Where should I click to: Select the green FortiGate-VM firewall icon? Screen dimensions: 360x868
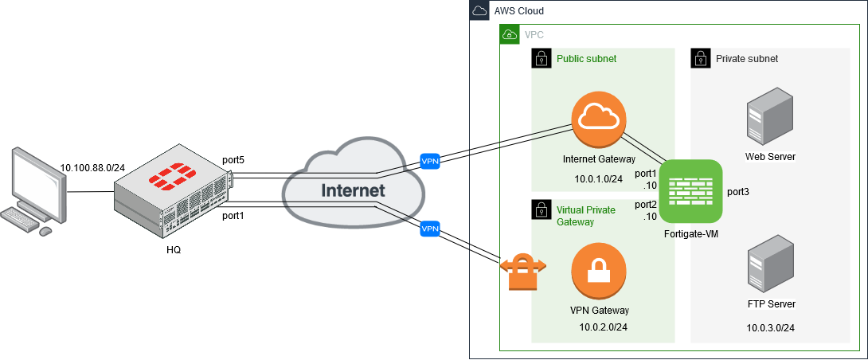point(691,191)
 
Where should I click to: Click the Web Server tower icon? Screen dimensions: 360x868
point(770,119)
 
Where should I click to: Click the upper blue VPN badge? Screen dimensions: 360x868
point(430,162)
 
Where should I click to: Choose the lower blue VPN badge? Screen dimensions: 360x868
point(430,229)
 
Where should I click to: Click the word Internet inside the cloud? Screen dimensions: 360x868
point(353,190)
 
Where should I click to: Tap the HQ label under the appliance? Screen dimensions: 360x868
point(174,250)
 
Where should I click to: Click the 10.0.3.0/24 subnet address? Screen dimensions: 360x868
point(770,327)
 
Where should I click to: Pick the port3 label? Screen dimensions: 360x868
point(738,192)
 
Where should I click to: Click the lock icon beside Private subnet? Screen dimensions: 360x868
point(700,58)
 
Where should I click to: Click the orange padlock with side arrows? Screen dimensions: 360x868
point(522,271)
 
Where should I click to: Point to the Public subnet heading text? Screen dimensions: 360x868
point(586,59)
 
